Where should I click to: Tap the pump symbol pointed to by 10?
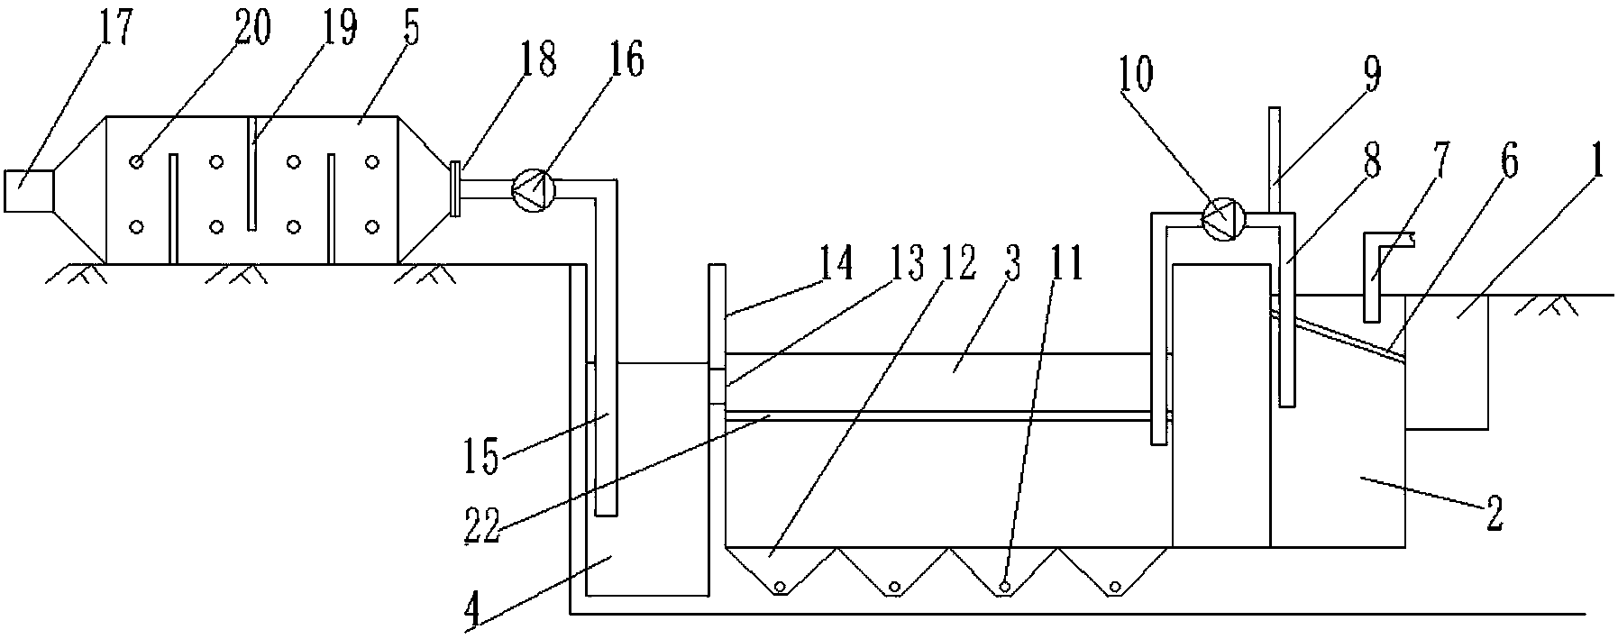point(1224,217)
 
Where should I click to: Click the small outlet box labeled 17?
point(29,190)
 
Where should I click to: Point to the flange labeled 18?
point(455,188)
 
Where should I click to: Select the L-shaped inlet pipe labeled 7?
point(1376,270)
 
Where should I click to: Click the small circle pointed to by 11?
point(1003,588)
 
